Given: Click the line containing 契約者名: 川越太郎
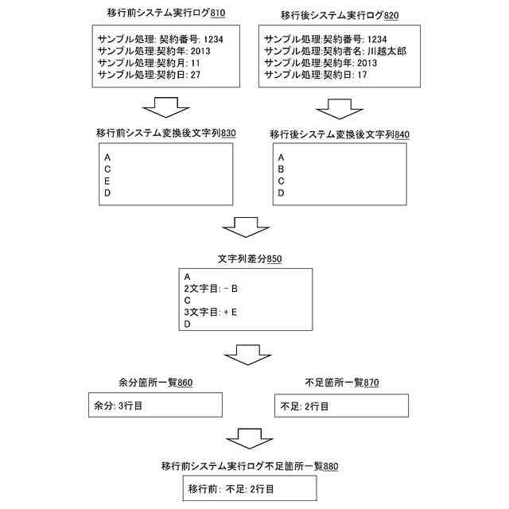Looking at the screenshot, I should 336,50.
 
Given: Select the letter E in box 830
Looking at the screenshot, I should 107,181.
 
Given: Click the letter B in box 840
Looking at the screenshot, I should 281,169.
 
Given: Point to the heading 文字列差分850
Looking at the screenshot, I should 250,258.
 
